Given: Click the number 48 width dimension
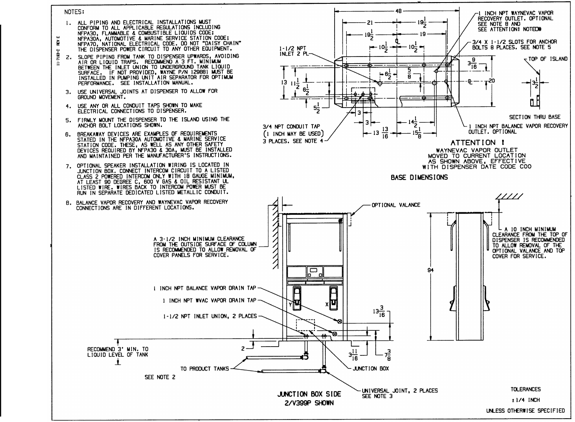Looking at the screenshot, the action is point(398,11).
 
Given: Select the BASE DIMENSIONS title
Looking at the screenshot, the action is point(419,177).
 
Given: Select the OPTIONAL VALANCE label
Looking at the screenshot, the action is point(395,205).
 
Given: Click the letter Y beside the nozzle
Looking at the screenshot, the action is point(290,305).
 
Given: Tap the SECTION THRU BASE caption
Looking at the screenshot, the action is point(534,117).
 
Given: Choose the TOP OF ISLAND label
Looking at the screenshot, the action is point(547,59).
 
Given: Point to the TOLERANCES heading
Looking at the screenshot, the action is point(525,389).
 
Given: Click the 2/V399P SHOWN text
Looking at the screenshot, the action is point(309,404).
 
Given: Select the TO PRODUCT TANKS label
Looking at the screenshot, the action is point(204,369).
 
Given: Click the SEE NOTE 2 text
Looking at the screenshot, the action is point(160,377).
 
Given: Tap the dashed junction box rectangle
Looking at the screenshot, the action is point(305,326).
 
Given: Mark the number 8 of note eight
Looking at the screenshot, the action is point(67,203).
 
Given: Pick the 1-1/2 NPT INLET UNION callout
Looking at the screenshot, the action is point(210,316).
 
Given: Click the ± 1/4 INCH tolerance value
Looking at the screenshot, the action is point(525,400).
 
